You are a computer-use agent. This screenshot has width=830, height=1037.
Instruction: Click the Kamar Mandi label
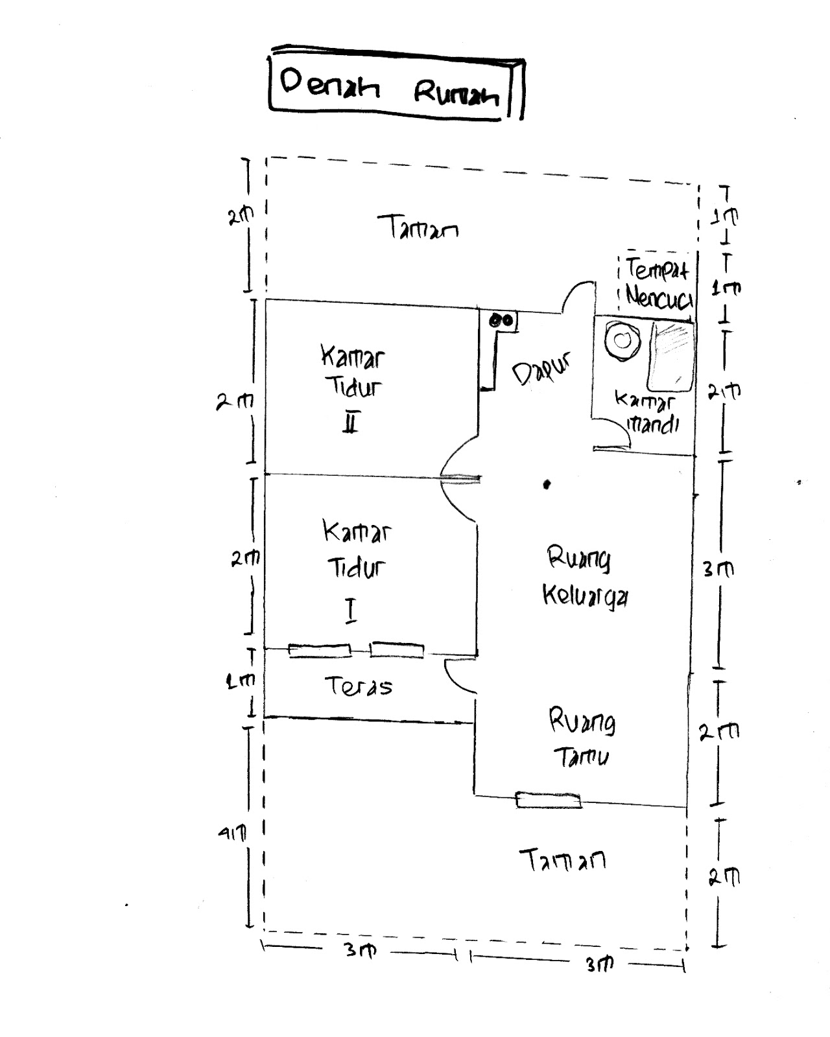[646, 413]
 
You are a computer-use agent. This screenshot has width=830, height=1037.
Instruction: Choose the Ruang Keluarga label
[584, 577]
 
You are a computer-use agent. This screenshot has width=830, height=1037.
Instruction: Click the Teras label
[359, 686]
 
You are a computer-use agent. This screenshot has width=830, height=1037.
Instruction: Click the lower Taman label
[563, 860]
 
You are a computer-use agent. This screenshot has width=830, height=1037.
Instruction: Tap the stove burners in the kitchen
[501, 320]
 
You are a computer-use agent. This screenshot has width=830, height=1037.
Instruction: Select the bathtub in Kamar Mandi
[672, 353]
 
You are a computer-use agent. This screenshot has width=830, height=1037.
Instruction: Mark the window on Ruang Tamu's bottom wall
[549, 800]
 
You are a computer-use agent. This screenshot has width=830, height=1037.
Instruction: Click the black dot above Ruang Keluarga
[547, 484]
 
